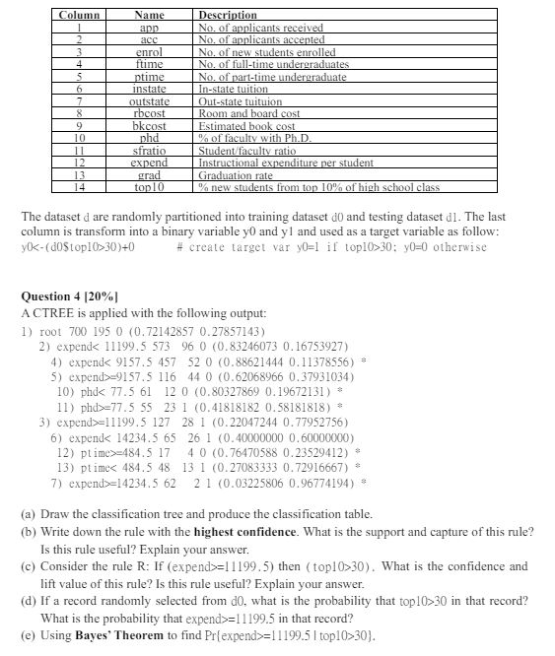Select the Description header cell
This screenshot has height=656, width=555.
(228, 16)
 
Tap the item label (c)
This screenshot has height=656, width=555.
(29, 566)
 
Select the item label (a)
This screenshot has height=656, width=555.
(29, 513)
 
